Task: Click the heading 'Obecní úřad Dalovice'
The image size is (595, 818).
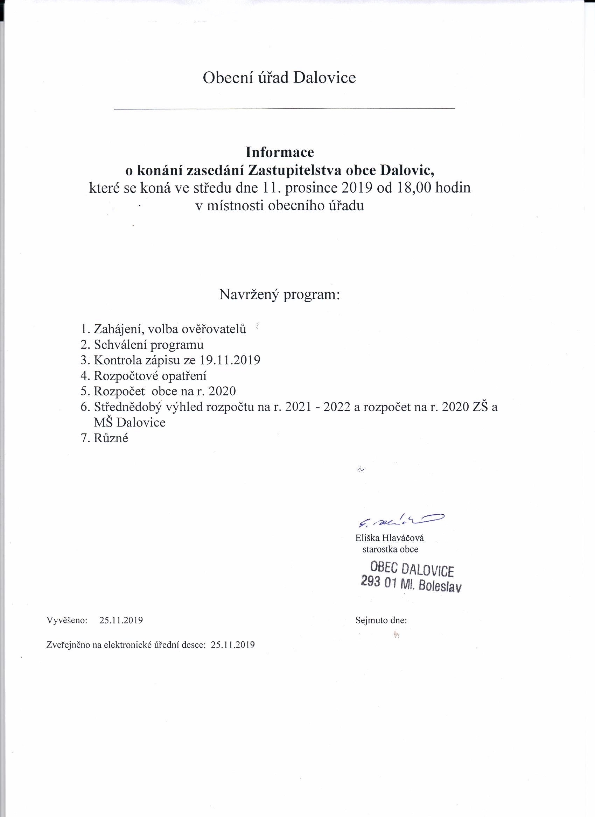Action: [x=279, y=78]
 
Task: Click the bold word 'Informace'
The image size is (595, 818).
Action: [x=280, y=152]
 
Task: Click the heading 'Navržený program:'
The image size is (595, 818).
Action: [x=280, y=295]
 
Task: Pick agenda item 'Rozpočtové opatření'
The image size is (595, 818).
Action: [x=150, y=376]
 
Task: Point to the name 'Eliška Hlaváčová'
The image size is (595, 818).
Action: [x=389, y=538]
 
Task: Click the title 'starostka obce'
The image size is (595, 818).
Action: [x=390, y=550]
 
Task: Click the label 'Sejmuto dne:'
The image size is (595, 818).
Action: [x=381, y=620]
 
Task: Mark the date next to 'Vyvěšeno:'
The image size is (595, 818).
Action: [x=121, y=620]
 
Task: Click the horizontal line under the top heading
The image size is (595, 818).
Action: [x=284, y=108]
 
